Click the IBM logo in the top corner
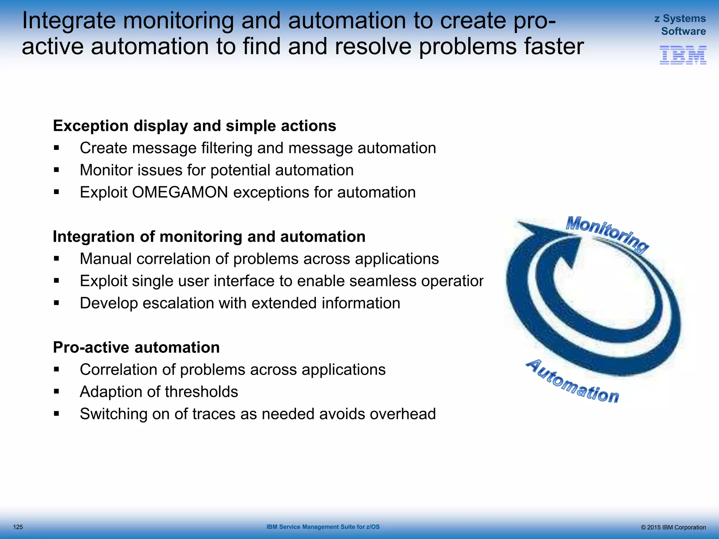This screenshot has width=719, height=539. tap(683, 55)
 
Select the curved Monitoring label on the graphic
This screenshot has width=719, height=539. tap(607, 234)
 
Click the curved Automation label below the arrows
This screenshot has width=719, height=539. tap(572, 382)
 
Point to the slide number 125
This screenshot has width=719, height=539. tap(18, 527)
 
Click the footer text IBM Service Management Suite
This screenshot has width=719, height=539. tap(323, 527)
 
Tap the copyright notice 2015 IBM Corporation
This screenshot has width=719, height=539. tap(673, 527)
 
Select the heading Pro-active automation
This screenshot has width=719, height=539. tap(136, 347)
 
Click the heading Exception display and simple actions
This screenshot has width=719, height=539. tap(194, 126)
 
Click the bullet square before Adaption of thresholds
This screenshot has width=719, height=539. tap(57, 391)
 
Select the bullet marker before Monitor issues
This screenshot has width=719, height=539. tap(57, 170)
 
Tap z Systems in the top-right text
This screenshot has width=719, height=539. tap(680, 18)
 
